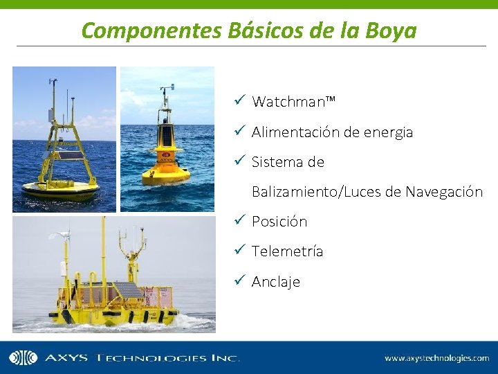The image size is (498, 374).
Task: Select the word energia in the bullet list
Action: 388,132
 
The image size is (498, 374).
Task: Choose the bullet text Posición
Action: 279,222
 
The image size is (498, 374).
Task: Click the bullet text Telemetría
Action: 287,251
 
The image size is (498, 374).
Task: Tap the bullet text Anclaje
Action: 276,282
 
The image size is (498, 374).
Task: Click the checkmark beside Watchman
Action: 239,101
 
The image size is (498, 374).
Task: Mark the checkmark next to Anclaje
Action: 239,280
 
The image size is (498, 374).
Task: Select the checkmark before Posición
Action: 239,221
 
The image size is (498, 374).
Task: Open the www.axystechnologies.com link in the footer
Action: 437,358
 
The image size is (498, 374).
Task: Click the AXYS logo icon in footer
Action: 23,358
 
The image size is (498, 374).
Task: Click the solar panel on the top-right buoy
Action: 167,136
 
